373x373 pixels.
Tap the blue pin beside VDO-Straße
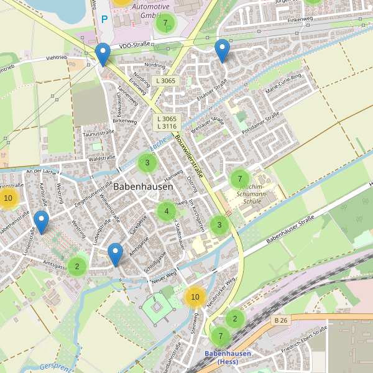(103, 55)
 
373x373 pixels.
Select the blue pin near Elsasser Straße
(222, 50)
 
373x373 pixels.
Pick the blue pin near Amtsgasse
(115, 254)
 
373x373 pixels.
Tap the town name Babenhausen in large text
(143, 186)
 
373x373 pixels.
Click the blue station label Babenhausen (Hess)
(228, 357)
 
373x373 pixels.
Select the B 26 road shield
(282, 320)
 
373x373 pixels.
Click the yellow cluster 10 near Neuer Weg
(195, 297)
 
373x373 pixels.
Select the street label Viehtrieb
(60, 58)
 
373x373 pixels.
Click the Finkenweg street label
(299, 20)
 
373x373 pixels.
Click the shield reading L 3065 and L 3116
(167, 122)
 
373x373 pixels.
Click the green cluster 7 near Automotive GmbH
(165, 24)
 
